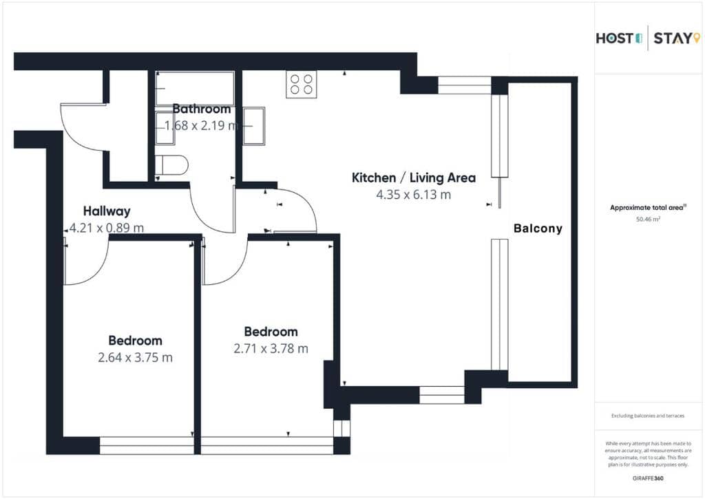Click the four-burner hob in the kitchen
[302, 84]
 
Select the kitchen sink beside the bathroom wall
[254, 126]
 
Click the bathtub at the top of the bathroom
[195, 89]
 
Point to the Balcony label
[538, 229]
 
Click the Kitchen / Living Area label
[413, 178]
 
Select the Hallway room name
[107, 211]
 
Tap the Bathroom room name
[202, 109]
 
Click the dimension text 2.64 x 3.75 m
[135, 357]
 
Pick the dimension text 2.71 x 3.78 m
[271, 348]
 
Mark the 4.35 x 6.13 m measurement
[413, 195]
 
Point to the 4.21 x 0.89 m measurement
[107, 228]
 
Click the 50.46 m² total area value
[648, 220]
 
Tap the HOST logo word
[615, 39]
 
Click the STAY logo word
[673, 39]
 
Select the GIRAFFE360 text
[647, 478]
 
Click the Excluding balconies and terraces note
[647, 416]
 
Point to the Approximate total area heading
[646, 208]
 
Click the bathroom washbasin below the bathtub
[165, 128]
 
